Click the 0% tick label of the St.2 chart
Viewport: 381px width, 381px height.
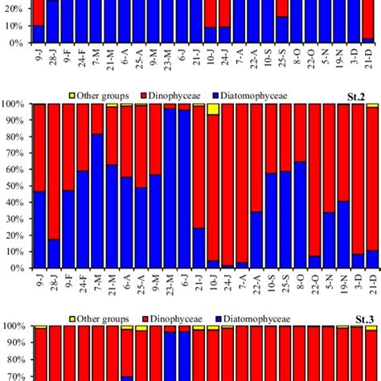17,268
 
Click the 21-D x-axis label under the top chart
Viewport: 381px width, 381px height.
367,59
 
